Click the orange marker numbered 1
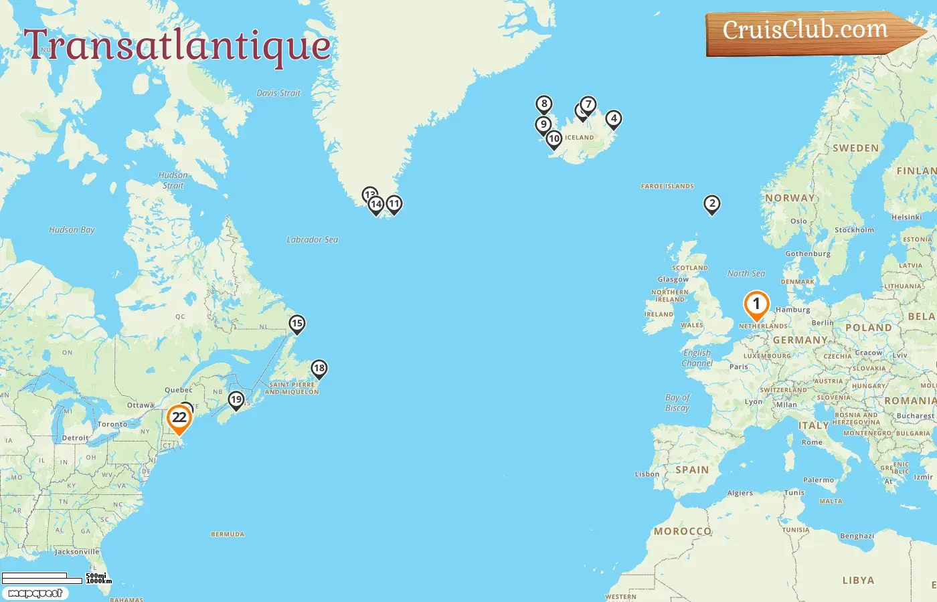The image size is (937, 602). (x=756, y=305)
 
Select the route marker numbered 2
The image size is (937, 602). (x=712, y=204)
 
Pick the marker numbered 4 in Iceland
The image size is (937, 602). (x=614, y=119)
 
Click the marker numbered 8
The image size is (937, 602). (x=544, y=104)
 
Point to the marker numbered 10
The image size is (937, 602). (x=553, y=139)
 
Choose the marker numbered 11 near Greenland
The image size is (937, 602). (x=394, y=204)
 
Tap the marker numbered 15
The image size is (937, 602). (x=297, y=324)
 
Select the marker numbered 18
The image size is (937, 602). (x=319, y=369)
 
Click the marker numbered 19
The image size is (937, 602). (x=236, y=400)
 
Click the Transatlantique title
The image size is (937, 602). (x=177, y=45)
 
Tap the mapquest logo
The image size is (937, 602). (x=35, y=593)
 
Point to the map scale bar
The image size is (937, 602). (x=41, y=577)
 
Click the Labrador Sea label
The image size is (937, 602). (x=312, y=239)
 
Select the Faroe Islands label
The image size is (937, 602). (x=667, y=187)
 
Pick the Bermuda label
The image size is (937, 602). (x=228, y=534)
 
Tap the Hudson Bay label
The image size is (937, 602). (x=72, y=229)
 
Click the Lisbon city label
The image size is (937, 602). (x=647, y=474)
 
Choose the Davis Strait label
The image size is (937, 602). (x=278, y=93)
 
